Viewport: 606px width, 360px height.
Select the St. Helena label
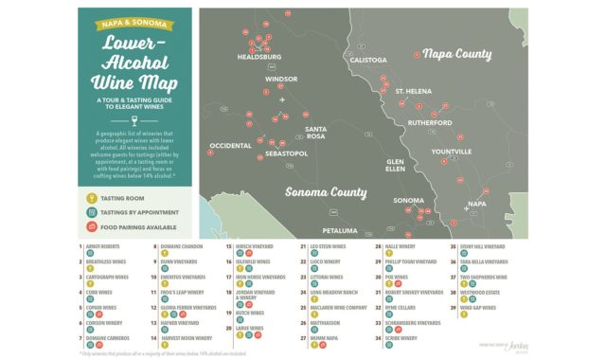[x=413, y=91]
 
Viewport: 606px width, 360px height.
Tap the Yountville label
[x=451, y=152]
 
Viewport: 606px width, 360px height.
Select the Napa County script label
[x=457, y=55]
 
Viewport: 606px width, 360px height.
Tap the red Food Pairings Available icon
[x=91, y=227]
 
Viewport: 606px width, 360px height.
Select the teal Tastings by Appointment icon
[x=91, y=213]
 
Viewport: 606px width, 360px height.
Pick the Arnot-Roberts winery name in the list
[x=104, y=246]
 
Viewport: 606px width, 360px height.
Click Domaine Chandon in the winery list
[x=178, y=246]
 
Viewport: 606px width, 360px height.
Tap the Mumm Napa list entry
[x=324, y=337]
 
